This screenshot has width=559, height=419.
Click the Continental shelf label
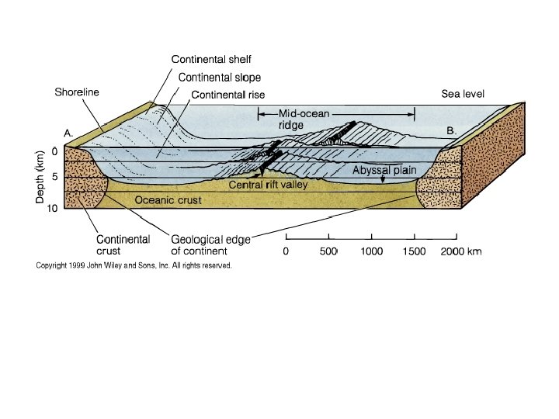[211, 59]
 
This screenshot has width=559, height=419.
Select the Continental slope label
[220, 78]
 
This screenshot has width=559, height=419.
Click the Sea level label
[463, 95]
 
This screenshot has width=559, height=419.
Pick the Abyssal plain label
[385, 170]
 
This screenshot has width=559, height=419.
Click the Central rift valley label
[268, 185]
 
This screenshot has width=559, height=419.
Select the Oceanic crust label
[168, 200]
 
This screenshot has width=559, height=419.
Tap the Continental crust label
[123, 245]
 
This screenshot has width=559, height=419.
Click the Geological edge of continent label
[210, 245]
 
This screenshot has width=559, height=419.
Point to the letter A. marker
[68, 133]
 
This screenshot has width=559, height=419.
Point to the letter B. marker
[451, 132]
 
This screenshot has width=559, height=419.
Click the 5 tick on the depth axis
[55, 177]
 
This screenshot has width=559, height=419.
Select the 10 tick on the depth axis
[53, 207]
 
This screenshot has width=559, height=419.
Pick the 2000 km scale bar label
[462, 251]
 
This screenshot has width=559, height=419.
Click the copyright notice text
[134, 265]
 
